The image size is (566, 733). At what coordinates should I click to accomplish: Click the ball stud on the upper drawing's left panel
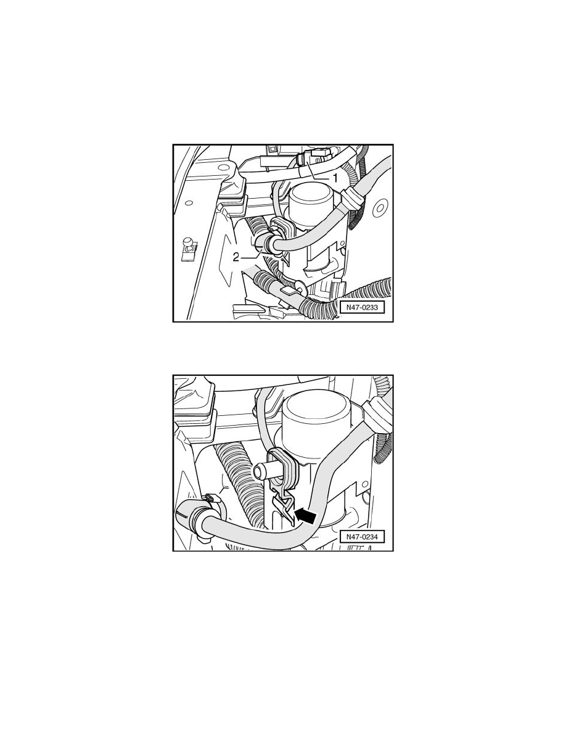point(187,242)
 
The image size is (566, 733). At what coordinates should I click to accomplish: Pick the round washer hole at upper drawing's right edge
point(381,205)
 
